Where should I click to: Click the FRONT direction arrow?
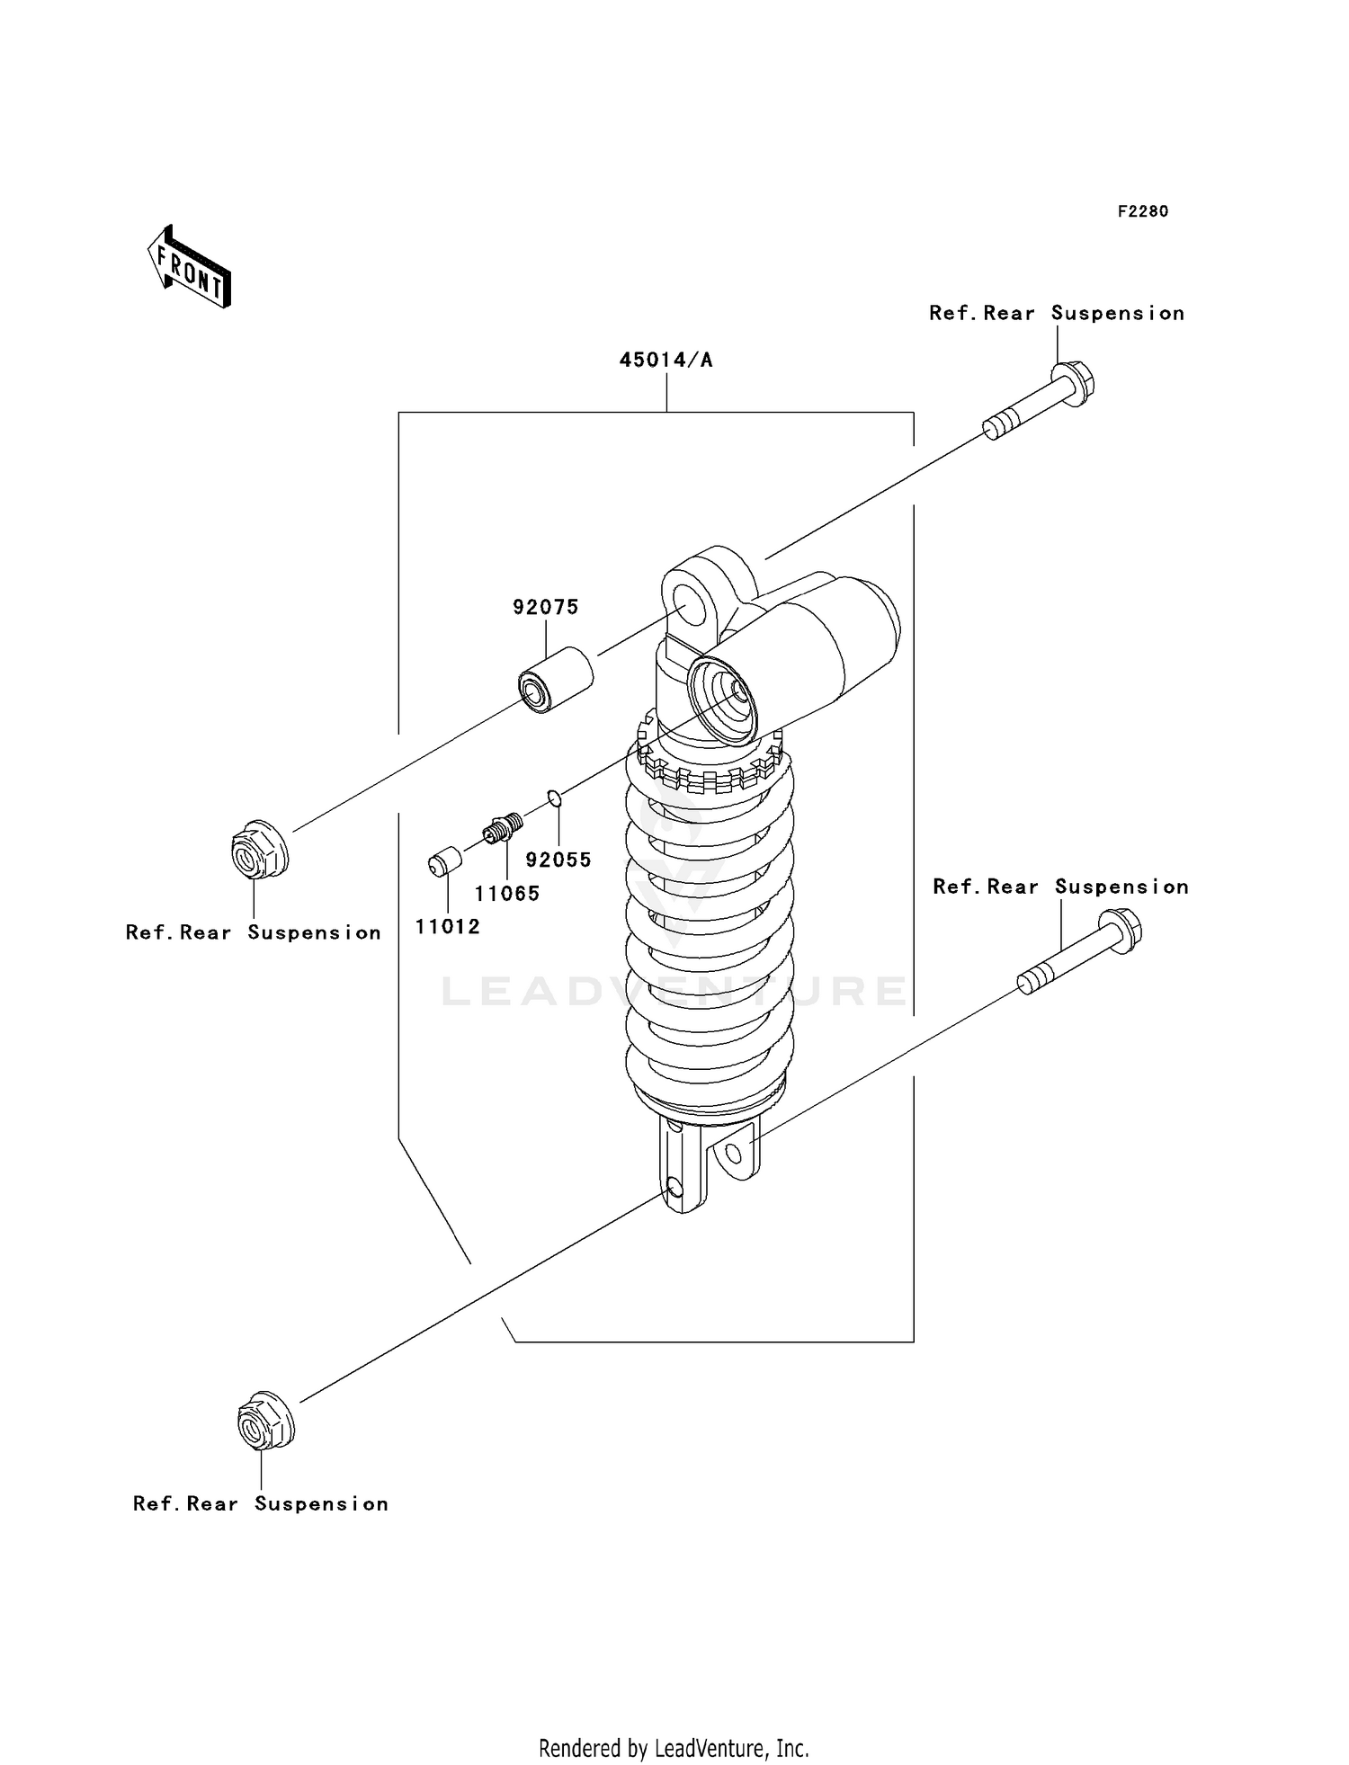tap(189, 267)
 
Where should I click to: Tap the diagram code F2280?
tap(1142, 211)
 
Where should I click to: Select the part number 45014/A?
tap(666, 361)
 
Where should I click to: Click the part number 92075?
tap(546, 607)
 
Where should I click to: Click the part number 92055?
tap(558, 860)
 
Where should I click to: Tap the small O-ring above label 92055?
tap(555, 797)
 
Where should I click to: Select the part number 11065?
tap(507, 893)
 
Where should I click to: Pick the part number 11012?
tap(447, 926)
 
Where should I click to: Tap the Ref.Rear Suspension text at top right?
tap(1057, 313)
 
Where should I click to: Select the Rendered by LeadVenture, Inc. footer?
tap(674, 1748)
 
